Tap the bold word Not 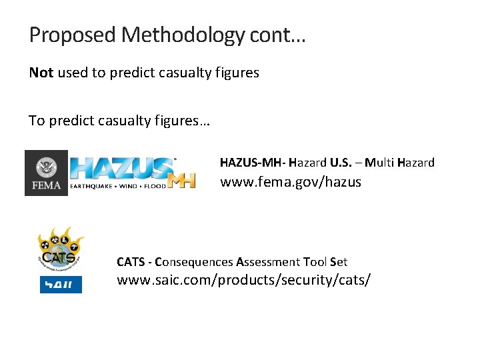click(41, 73)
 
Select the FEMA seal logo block click(46, 173)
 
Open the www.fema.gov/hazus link click(290, 181)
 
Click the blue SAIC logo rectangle click(61, 285)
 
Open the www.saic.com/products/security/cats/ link click(243, 280)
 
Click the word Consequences click(193, 262)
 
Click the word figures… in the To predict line click(182, 121)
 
